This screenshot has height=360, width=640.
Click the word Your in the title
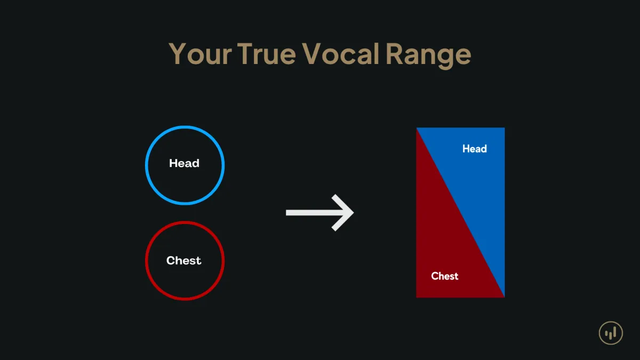pos(200,54)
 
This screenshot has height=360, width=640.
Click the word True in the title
pos(267,54)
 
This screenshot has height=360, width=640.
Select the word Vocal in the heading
pos(341,53)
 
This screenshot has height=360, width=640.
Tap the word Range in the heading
pos(428,55)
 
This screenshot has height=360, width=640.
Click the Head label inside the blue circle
pos(185,163)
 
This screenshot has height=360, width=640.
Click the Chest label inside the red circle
pos(184,261)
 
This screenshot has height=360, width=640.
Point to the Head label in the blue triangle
pos(475,149)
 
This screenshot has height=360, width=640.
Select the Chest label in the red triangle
pos(445,276)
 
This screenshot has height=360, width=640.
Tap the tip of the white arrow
pos(354,213)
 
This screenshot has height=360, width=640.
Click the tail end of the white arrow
pos(286,213)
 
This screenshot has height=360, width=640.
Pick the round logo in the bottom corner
pos(611,333)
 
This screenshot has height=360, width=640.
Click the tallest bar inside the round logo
pos(614,332)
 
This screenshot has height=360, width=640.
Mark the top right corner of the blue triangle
pos(505,127)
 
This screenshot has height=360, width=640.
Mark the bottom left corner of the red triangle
pos(417,298)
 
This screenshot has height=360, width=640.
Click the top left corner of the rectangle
pos(417,127)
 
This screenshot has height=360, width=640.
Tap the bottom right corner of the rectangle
pos(505,298)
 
